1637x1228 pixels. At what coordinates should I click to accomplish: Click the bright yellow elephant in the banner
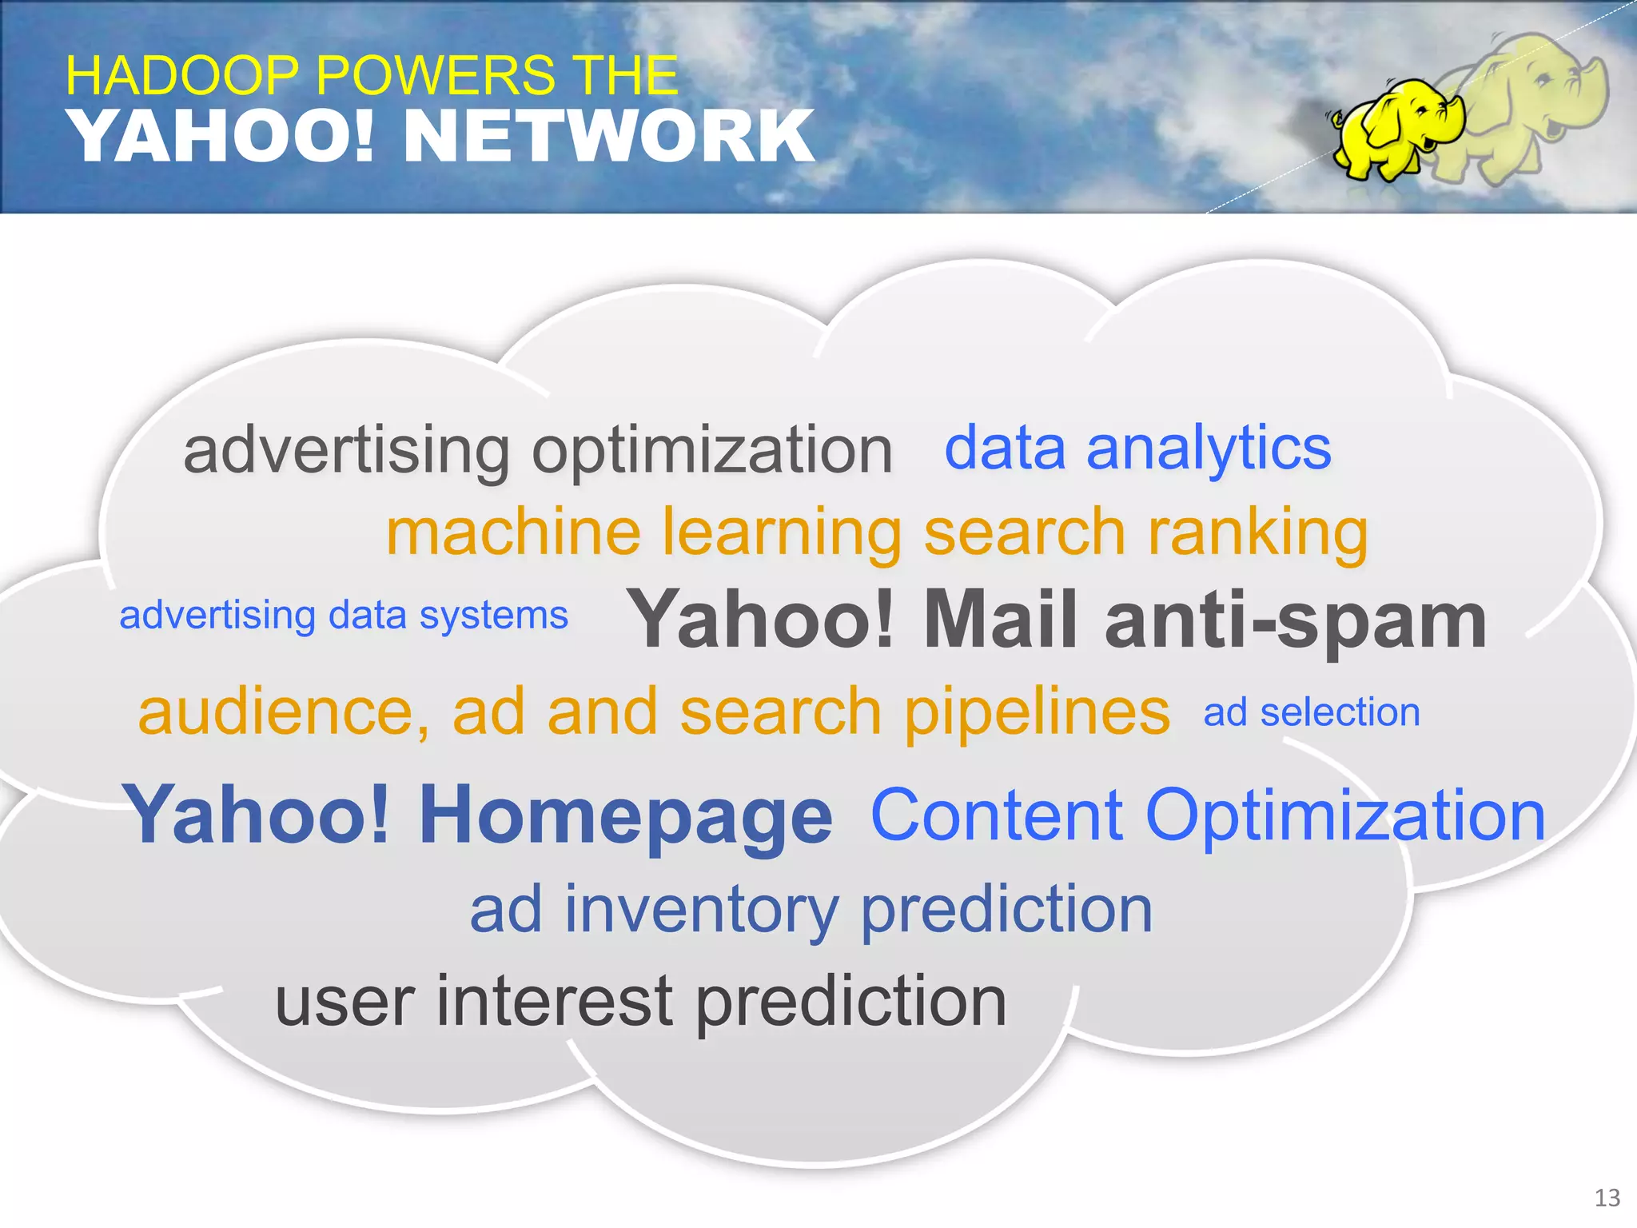(x=1395, y=128)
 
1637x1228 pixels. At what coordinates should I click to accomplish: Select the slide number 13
(x=1607, y=1198)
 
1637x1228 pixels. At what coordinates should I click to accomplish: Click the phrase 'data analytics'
(x=1137, y=449)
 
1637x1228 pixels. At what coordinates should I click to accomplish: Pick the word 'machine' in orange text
(x=513, y=533)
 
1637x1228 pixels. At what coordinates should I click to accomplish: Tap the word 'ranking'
(x=1258, y=533)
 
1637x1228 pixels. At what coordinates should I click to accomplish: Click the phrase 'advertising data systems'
(x=344, y=616)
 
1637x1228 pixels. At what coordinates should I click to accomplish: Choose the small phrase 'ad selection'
(x=1312, y=712)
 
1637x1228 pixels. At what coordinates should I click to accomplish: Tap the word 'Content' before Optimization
(x=996, y=815)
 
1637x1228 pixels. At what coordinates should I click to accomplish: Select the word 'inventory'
(x=702, y=911)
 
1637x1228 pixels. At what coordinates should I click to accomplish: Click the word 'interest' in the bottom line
(x=555, y=1003)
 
